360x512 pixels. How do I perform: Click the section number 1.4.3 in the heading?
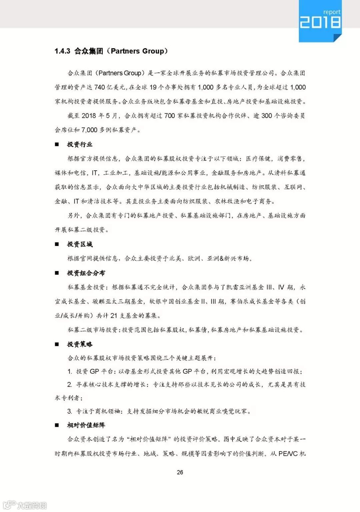tap(62, 51)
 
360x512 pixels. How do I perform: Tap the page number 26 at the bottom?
tap(180, 472)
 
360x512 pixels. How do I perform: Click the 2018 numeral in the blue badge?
tap(320, 22)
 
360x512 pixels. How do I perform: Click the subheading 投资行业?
tap(80, 144)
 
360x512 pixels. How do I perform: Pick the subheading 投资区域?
tap(80, 244)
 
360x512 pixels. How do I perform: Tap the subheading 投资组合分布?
tap(86, 273)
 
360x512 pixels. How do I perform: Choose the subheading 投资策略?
tap(80, 344)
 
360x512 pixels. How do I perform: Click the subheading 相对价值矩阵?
tap(86, 425)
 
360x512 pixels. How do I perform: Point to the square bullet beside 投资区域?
tap(57, 244)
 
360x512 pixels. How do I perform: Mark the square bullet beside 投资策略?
tap(57, 344)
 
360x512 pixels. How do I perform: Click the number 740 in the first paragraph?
tap(100, 87)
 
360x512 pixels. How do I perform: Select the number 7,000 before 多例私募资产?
tap(89, 130)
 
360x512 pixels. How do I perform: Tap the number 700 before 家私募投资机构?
tap(169, 116)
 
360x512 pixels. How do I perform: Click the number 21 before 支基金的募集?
tap(114, 315)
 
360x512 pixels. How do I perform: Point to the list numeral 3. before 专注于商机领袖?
tap(70, 411)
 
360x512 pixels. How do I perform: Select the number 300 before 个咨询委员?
tap(267, 116)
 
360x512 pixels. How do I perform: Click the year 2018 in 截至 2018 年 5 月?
tap(89, 116)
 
